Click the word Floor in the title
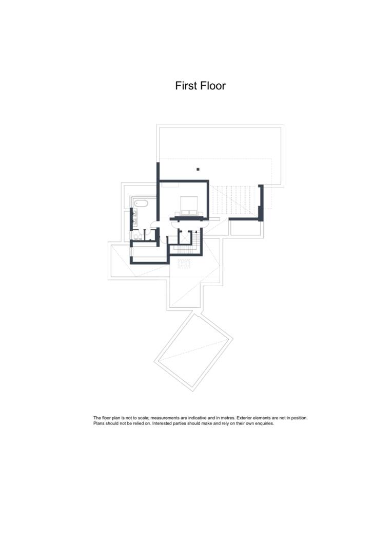(213, 86)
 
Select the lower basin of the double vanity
(135, 222)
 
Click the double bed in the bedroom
(189, 206)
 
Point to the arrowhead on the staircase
(196, 232)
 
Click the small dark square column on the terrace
(198, 170)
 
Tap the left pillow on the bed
(185, 212)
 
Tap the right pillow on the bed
(193, 212)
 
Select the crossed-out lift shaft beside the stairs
(184, 237)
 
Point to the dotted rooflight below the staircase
(184, 263)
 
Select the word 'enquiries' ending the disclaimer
(265, 423)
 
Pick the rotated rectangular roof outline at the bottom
(194, 351)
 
